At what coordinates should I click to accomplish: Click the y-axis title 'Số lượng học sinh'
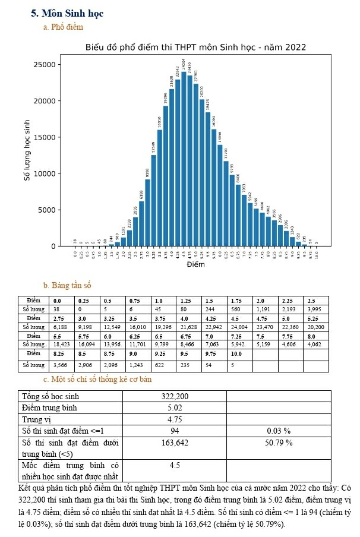tap(27, 150)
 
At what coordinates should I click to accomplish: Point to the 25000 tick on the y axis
tap(50, 65)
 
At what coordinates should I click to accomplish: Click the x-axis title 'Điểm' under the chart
tap(195, 264)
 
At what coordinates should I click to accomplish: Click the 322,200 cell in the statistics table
tap(175, 396)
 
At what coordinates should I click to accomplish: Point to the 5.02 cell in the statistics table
tap(175, 408)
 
